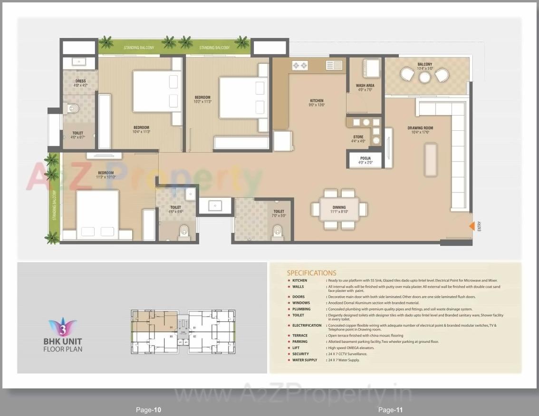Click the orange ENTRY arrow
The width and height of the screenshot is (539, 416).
472,226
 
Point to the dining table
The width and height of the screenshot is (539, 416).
339,209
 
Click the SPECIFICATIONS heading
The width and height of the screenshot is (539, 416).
311,273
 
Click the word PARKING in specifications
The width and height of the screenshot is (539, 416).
300,341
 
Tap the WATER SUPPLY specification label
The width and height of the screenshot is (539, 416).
304,360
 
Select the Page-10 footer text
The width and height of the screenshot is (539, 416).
149,410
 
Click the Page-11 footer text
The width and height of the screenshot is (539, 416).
391,410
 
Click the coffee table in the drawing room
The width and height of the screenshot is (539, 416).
431,160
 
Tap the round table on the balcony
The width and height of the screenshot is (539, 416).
424,77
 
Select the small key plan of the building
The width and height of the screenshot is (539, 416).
183,331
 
